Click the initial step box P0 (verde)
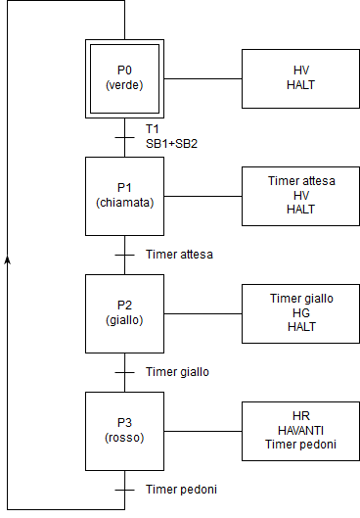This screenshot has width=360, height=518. coord(124,78)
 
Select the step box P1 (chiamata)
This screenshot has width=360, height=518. coord(124,196)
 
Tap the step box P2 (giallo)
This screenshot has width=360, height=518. coord(124,313)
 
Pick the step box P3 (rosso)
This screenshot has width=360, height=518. coord(124,431)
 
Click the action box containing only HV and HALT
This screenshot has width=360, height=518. coord(301,78)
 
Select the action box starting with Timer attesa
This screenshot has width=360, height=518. coord(301,196)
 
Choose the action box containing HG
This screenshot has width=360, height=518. coord(301,313)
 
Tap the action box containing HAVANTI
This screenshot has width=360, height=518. coord(301,431)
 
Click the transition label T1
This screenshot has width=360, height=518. coord(153,129)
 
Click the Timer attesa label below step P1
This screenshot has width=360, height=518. coord(179,255)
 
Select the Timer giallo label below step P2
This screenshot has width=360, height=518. coord(177,372)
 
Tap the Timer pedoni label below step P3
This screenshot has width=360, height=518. coord(181,489)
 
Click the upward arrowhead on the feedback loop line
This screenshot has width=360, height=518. coord(8,259)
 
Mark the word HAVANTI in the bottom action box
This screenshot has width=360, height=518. coord(301,431)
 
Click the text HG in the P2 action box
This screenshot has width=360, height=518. coord(301,313)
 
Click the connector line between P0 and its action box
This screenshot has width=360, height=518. coord(202,78)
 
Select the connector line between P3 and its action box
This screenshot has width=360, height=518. coord(202,431)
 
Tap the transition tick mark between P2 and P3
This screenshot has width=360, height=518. coord(124,372)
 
